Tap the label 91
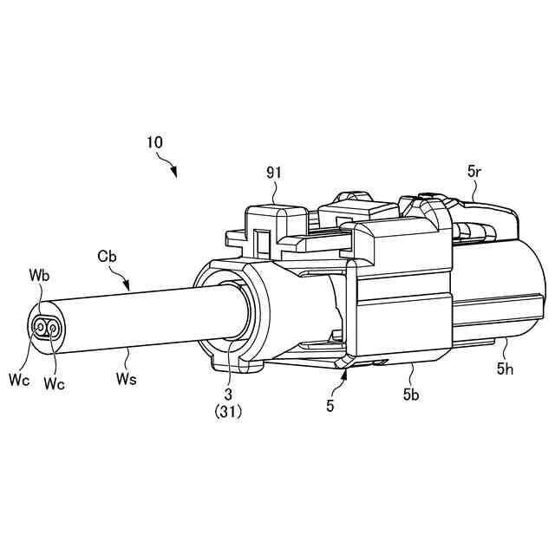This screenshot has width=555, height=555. (x=275, y=173)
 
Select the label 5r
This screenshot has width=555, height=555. (x=473, y=173)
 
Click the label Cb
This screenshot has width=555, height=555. (x=108, y=257)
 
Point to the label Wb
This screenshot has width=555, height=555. (x=38, y=277)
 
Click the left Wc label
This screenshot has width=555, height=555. (x=17, y=378)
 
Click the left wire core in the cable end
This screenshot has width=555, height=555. (x=41, y=327)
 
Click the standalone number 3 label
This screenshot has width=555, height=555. (x=230, y=395)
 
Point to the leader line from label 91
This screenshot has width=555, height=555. (x=277, y=193)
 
